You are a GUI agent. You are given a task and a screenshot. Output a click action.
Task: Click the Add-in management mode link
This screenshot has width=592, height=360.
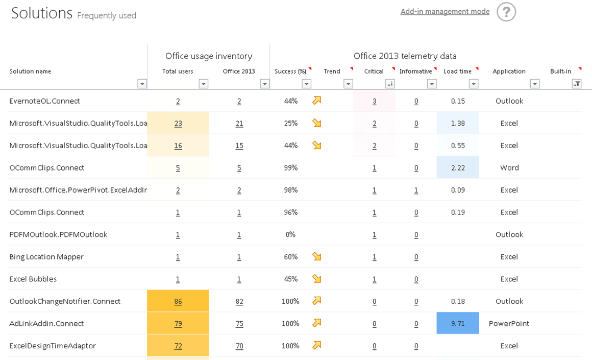point(445,12)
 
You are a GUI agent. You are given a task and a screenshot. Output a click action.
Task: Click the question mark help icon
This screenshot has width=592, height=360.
point(506,12)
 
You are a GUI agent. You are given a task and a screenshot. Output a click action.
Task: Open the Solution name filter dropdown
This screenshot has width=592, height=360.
point(142,84)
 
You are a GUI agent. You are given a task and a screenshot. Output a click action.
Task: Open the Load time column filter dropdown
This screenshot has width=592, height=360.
point(474,84)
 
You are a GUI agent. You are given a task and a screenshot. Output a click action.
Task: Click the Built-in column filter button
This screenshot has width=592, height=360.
point(577,84)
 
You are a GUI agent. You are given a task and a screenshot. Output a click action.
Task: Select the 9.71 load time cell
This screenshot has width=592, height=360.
point(458,324)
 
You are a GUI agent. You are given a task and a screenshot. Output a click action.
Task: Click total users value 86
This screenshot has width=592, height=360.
point(178,301)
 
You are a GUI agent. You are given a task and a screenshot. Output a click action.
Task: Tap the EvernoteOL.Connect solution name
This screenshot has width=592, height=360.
point(44,101)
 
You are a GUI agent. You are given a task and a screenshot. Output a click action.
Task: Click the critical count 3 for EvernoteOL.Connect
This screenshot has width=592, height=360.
point(374,101)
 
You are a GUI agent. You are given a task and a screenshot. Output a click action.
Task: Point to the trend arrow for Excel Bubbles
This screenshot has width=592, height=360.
point(317,279)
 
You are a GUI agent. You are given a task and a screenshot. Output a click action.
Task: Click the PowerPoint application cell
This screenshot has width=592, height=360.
point(509,324)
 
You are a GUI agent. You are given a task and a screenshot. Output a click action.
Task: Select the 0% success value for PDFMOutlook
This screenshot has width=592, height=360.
point(290,234)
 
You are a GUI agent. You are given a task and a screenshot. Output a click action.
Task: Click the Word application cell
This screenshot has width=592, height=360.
point(509,167)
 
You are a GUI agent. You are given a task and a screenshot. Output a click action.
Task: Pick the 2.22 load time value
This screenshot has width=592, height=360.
point(458,167)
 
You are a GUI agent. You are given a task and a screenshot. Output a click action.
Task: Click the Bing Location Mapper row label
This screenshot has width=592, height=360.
point(46,257)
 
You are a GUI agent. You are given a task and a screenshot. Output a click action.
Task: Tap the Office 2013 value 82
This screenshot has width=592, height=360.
point(239,301)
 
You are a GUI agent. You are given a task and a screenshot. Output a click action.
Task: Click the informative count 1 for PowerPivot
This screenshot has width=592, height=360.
point(416,190)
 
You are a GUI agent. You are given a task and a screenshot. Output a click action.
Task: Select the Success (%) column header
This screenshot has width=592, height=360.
point(290,71)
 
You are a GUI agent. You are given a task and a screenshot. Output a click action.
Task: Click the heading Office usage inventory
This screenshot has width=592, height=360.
point(209,56)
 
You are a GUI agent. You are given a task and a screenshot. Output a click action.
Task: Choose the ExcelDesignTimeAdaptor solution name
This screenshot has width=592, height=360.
point(53,346)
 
